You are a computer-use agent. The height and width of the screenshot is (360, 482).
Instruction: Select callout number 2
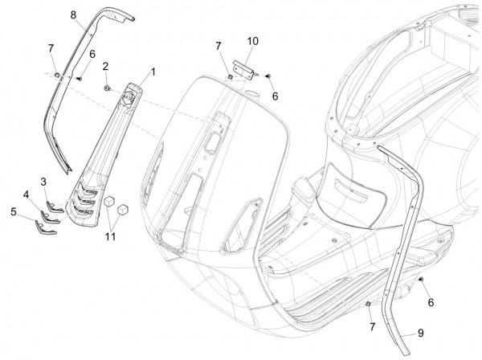click(x=105, y=65)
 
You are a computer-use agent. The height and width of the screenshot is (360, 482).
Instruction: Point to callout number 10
click(x=27, y=194)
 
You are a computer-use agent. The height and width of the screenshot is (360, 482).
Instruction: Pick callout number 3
click(x=13, y=211)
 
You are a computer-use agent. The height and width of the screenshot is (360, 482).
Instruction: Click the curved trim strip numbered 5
click(x=47, y=225)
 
